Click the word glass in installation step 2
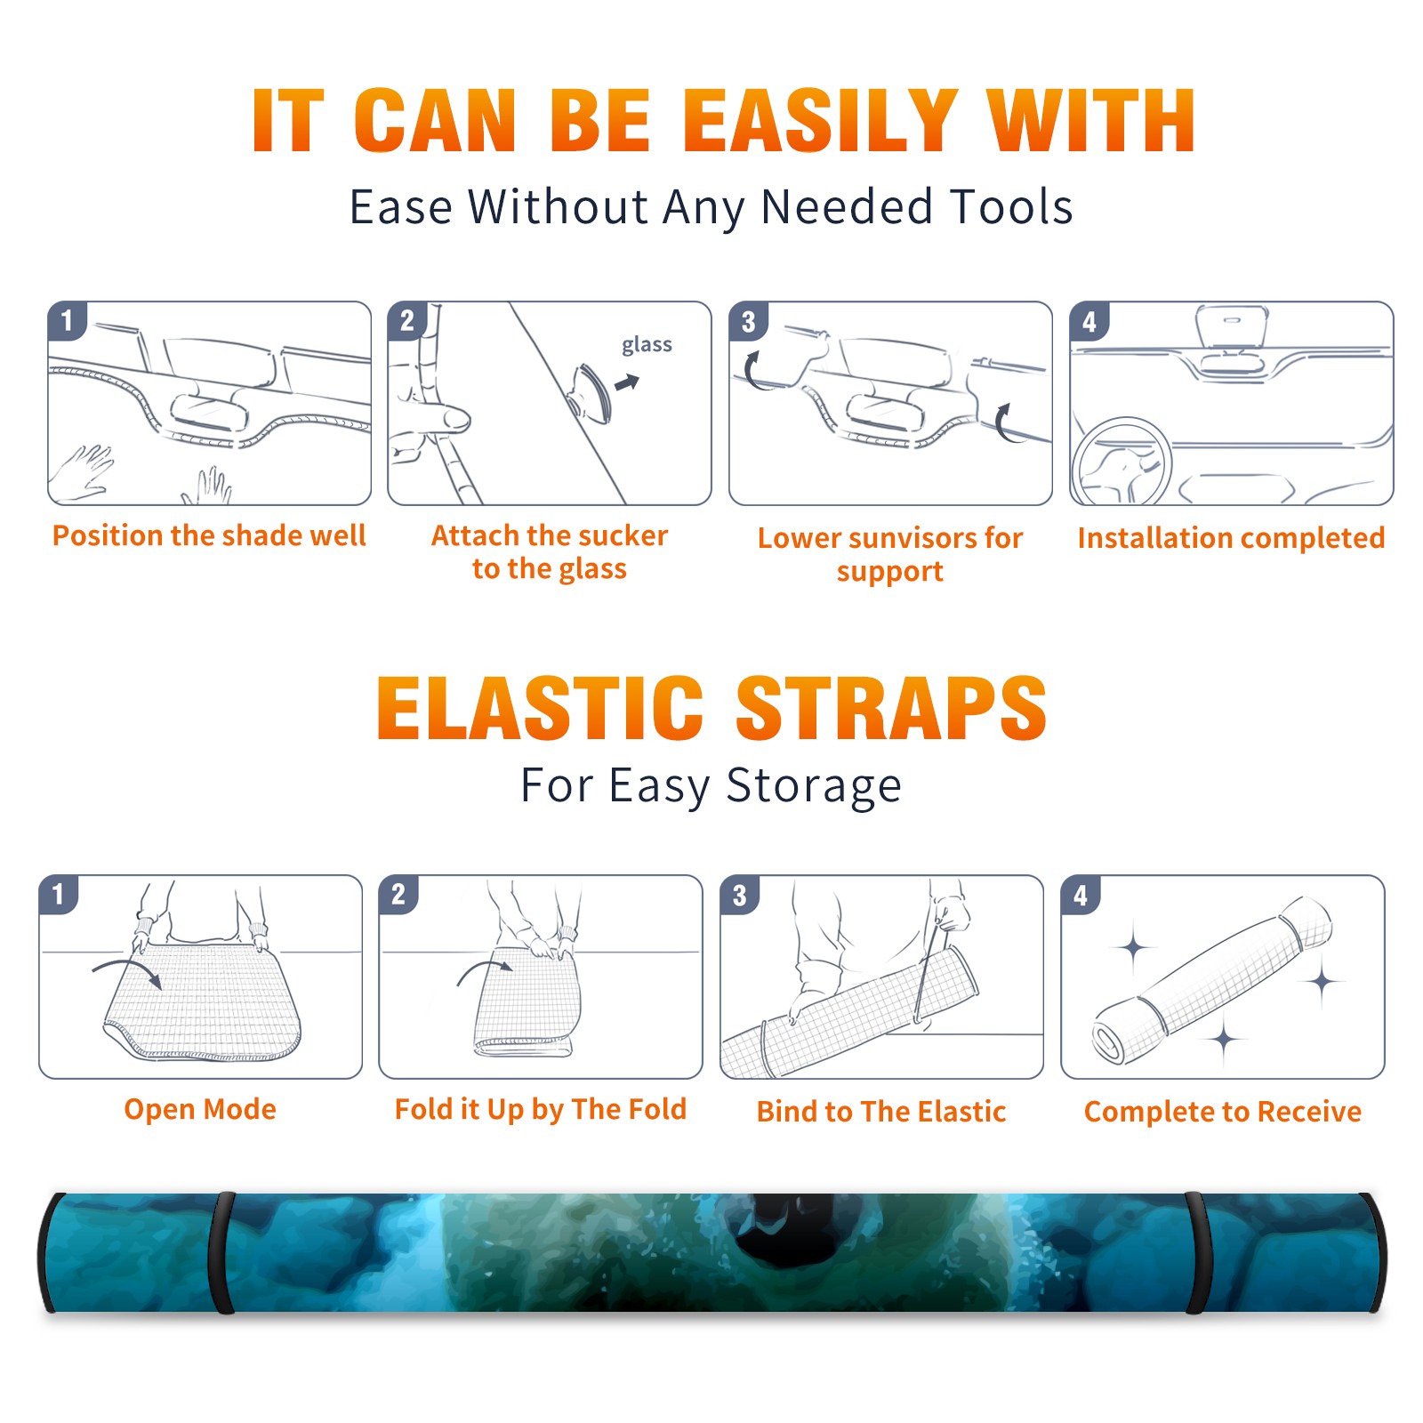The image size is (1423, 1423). coord(647,345)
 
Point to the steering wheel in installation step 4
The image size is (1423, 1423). coord(1122,462)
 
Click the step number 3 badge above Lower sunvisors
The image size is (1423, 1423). coord(748,321)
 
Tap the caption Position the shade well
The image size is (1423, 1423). coord(209,535)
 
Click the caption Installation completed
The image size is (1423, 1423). coord(1231,537)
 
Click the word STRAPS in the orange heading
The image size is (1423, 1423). coord(891,708)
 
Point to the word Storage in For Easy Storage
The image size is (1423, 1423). coord(814,786)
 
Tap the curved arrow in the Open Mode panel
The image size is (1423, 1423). coord(127,970)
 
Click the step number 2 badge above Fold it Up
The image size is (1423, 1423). coord(398,894)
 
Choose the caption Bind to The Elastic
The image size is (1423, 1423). coord(881,1111)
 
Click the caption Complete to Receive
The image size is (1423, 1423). coord(1223,1111)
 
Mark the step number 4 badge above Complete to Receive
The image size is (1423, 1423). coord(1080,894)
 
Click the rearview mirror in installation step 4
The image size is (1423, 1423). coord(1231,326)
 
